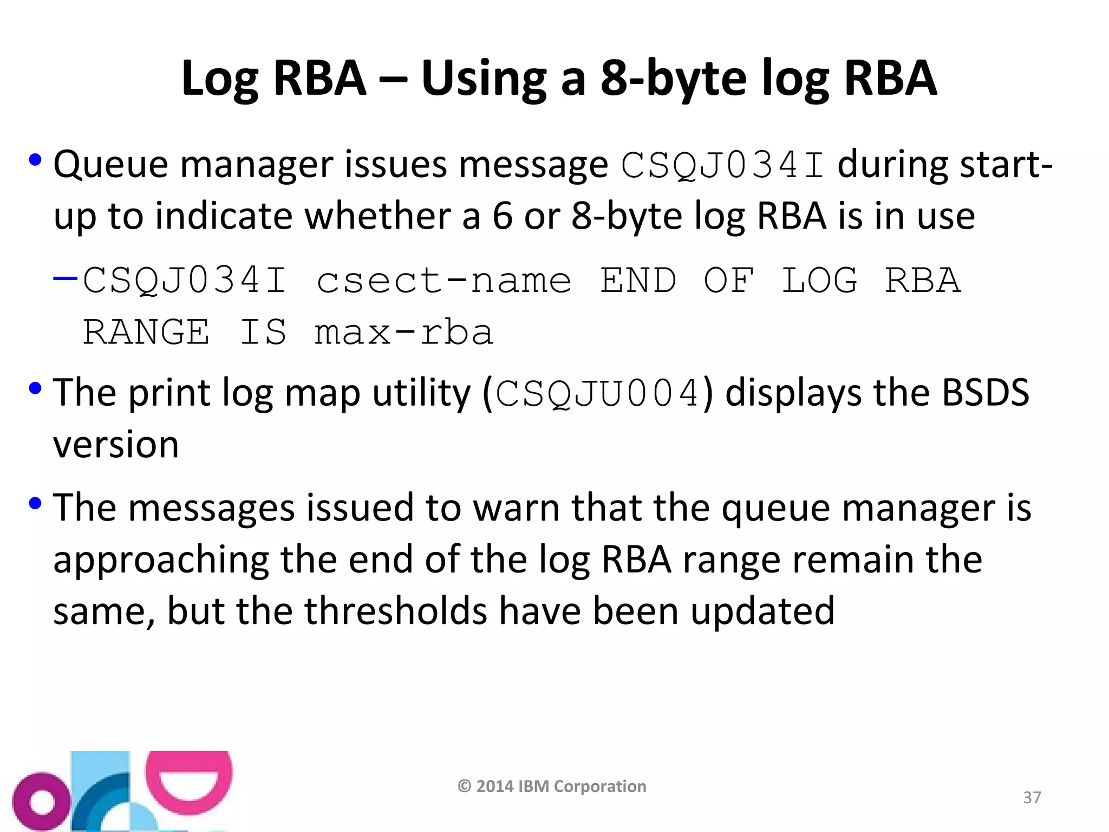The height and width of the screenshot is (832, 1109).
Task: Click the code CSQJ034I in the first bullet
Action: coord(723,165)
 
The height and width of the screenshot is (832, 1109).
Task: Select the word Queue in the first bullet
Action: coord(111,165)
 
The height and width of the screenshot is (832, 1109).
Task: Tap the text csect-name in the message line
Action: coord(443,281)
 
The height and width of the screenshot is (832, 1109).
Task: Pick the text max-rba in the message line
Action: coord(403,332)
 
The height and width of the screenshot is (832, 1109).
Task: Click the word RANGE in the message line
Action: coord(146,332)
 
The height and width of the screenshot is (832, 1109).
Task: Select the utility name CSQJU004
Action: coord(597,394)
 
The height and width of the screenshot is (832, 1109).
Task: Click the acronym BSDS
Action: coord(985,393)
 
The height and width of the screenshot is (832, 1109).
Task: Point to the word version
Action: coord(116,445)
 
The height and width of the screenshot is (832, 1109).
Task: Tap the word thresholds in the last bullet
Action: coord(396,611)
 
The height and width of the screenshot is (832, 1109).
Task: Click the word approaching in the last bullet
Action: coord(161,560)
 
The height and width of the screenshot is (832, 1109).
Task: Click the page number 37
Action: coord(1032,797)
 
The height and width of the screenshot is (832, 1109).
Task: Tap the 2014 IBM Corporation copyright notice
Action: coord(552,786)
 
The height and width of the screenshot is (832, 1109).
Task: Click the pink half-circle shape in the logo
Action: coord(189,781)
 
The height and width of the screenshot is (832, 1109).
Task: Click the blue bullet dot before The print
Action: coord(35,389)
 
